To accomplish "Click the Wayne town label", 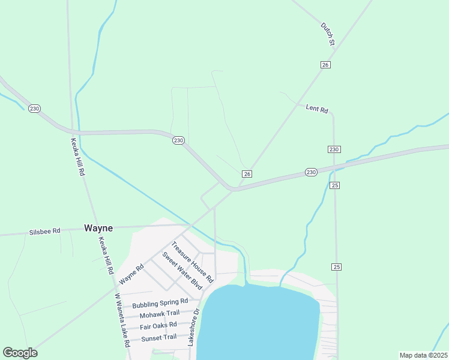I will point(98,228).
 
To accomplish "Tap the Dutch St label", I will point(327,34).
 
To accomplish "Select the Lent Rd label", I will point(317,109).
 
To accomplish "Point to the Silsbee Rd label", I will point(45,231).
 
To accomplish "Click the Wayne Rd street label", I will point(131,275).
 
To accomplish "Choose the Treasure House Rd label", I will point(192,262).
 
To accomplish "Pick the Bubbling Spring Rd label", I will point(160,303).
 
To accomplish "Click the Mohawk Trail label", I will point(160,314).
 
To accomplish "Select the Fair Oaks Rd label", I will point(158,326).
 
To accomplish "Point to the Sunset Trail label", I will point(158,337).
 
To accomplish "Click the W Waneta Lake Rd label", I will point(122,320).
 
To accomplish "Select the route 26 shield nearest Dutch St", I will point(325,65).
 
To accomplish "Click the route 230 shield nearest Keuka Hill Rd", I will point(34,109).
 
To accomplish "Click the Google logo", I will point(20,353).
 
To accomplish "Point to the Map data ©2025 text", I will point(423,355).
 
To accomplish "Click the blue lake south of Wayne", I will point(258,324).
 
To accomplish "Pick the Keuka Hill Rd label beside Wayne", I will point(106,255).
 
